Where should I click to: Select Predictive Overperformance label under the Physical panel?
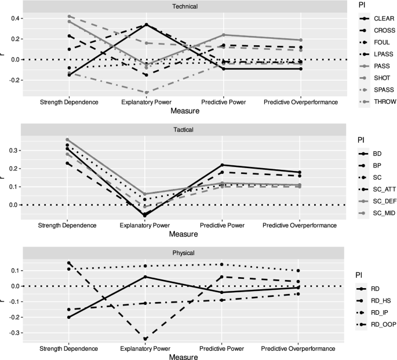(x=299, y=348)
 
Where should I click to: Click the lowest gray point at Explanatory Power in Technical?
(x=145, y=92)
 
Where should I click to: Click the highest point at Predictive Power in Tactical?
(x=223, y=165)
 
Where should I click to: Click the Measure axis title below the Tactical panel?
(x=183, y=234)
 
